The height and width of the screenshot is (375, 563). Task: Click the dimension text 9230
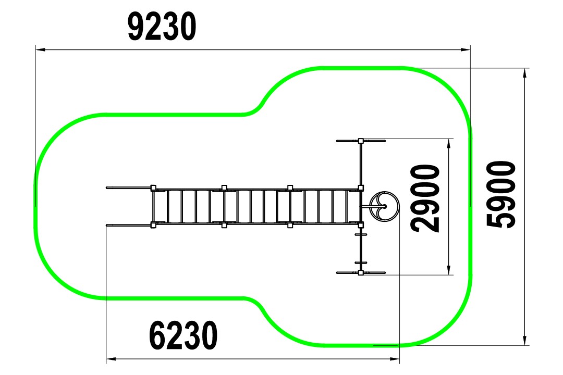[x=162, y=27]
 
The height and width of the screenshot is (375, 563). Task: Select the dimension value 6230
[x=183, y=335]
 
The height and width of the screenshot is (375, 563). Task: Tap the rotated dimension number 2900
[x=425, y=198]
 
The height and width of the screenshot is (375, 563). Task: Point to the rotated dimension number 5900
[x=501, y=194]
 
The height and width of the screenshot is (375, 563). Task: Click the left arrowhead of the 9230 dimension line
[x=40, y=49]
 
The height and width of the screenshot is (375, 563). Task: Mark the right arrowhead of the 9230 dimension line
[x=466, y=49]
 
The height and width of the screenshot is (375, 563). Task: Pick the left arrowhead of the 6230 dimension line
[x=111, y=358]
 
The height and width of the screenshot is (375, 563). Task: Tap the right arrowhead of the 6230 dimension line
[x=395, y=358]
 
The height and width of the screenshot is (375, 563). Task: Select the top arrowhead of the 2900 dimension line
[x=448, y=144]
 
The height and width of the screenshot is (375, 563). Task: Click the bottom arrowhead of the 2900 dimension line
[x=448, y=270]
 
